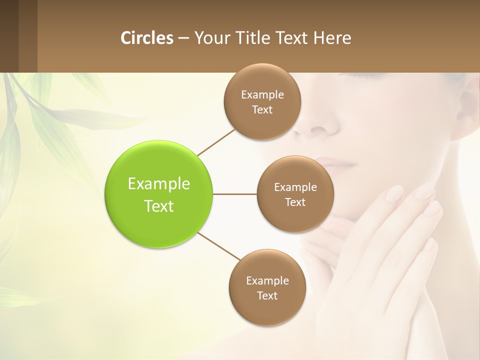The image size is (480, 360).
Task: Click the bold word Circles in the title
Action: tap(146, 38)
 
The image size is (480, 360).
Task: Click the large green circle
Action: tap(159, 194)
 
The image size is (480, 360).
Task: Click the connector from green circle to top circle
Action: tap(216, 142)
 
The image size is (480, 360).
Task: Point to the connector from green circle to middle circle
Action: tap(235, 194)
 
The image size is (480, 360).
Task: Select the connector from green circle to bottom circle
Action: tap(218, 246)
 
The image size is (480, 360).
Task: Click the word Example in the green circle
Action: tap(159, 184)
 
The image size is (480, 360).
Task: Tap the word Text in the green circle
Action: tap(159, 206)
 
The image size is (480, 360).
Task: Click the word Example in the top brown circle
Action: tap(262, 95)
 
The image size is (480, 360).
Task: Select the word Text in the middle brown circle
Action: tap(295, 202)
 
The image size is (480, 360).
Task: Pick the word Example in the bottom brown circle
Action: tap(267, 281)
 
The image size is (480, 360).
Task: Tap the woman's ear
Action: tap(470, 105)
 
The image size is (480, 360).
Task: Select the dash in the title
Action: tap(183, 38)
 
